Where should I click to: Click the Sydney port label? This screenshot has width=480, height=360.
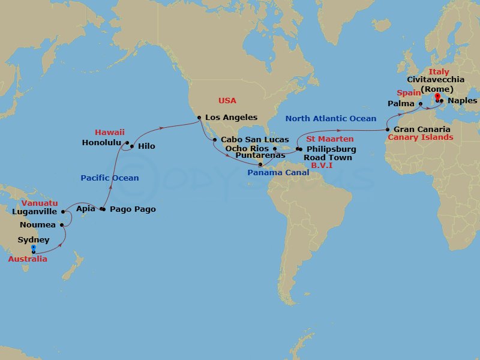pyautogui.click(x=34, y=240)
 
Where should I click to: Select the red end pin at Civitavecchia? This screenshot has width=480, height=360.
pyautogui.click(x=437, y=97)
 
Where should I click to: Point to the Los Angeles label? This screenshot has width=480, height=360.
pyautogui.click(x=231, y=118)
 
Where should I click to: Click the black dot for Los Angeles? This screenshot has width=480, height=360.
pyautogui.click(x=199, y=118)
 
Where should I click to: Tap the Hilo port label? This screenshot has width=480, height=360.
pyautogui.click(x=146, y=146)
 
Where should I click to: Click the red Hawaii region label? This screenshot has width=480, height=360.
pyautogui.click(x=110, y=132)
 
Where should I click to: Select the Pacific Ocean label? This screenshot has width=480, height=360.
pyautogui.click(x=110, y=178)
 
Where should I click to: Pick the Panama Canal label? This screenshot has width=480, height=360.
pyautogui.click(x=278, y=173)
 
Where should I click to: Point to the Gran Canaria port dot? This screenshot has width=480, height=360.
pyautogui.click(x=388, y=130)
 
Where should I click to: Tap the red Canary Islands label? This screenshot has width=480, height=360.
pyautogui.click(x=421, y=137)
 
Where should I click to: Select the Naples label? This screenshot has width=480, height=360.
pyautogui.click(x=462, y=101)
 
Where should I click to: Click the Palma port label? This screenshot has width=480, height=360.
pyautogui.click(x=401, y=103)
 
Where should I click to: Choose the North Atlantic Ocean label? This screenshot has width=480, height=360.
pyautogui.click(x=331, y=118)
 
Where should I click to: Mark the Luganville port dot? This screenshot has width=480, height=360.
pyautogui.click(x=62, y=212)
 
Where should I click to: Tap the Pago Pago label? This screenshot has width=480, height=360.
pyautogui.click(x=133, y=209)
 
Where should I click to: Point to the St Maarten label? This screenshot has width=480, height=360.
pyautogui.click(x=330, y=139)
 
